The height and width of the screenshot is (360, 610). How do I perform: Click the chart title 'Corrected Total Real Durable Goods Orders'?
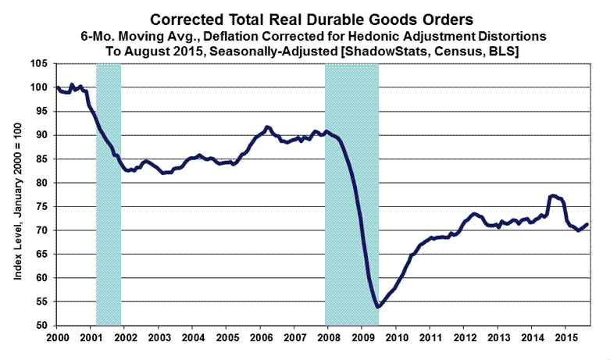coord(305,18)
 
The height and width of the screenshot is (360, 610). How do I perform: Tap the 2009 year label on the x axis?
coord(363,337)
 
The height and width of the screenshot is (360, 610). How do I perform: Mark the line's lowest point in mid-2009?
coord(378,307)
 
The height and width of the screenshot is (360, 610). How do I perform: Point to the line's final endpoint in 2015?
coord(587,224)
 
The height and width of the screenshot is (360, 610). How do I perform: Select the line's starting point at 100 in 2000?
coord(58,87)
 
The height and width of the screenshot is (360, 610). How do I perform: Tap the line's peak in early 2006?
coord(267,127)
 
